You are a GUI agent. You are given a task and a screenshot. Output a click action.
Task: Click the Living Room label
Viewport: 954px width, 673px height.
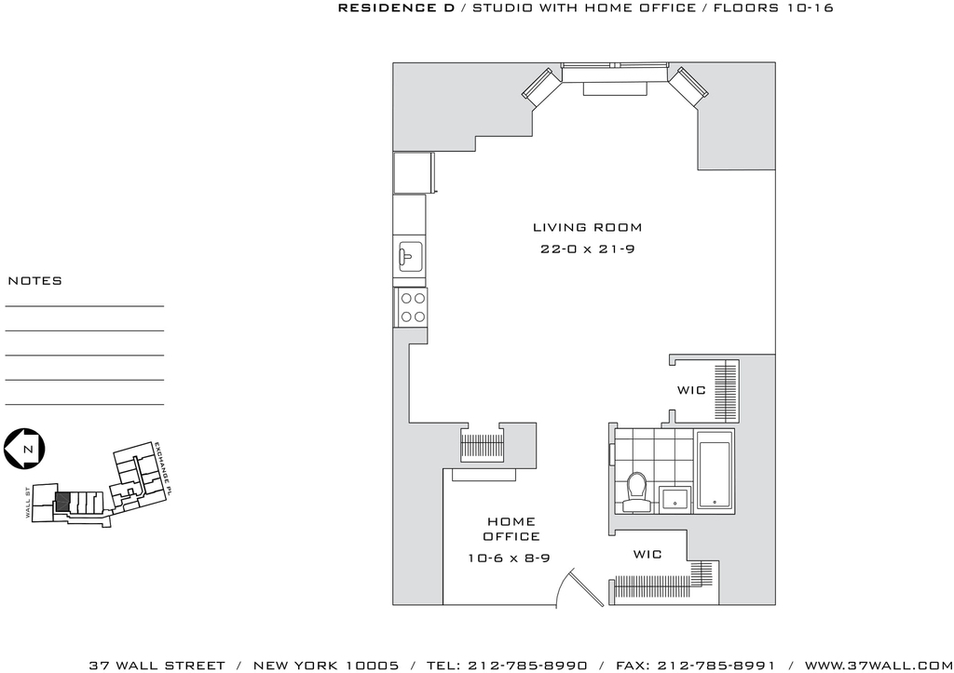point(587,227)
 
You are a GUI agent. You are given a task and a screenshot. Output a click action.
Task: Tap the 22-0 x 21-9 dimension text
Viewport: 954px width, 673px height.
point(587,249)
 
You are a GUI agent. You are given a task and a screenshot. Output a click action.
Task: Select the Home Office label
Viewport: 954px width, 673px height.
point(511,529)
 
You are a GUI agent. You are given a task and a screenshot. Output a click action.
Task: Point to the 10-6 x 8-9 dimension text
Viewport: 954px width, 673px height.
point(509,559)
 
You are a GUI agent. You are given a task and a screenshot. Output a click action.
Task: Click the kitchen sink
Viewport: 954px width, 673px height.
point(411,257)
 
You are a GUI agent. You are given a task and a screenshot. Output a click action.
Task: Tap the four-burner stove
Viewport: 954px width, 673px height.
point(412,307)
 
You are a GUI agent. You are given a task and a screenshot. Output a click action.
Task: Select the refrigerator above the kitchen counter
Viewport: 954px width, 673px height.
point(414,173)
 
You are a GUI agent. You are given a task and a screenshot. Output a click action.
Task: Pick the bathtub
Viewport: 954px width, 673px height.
point(715,471)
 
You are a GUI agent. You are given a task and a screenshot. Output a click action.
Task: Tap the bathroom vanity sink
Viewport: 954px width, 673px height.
point(675,498)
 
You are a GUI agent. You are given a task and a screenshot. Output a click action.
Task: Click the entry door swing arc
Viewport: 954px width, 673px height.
point(565,585)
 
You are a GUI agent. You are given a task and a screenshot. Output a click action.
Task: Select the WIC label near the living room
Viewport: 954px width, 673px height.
point(691,390)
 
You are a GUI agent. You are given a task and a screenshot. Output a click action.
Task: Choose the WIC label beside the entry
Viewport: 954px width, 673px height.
point(647,555)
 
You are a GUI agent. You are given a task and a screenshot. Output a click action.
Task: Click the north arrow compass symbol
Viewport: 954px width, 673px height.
point(24,450)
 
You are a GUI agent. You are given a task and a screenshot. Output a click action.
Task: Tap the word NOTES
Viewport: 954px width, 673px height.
point(34,281)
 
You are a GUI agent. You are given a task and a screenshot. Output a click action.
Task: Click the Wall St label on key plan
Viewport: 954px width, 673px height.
point(27,502)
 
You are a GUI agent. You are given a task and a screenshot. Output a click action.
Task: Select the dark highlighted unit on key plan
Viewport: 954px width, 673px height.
point(62,502)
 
